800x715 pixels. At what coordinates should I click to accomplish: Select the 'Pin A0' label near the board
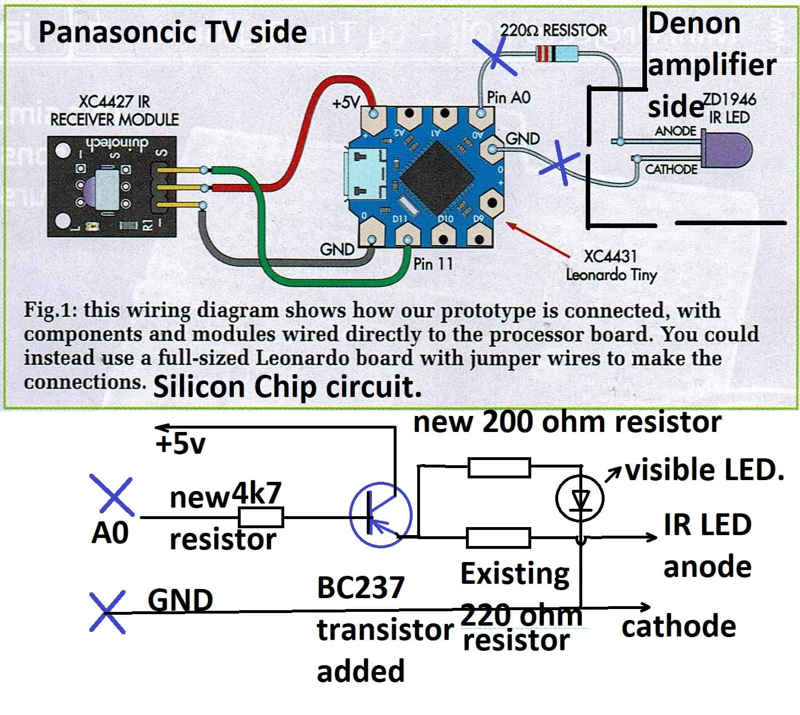pyautogui.click(x=508, y=97)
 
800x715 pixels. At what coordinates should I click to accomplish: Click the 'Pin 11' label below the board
pyautogui.click(x=433, y=264)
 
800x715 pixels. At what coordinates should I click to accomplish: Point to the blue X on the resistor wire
pyautogui.click(x=497, y=57)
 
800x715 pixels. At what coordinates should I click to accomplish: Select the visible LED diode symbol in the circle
pyautogui.click(x=580, y=499)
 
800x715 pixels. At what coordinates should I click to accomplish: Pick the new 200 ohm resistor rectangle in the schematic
pyautogui.click(x=499, y=467)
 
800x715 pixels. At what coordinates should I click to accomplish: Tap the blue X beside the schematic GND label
pyautogui.click(x=108, y=612)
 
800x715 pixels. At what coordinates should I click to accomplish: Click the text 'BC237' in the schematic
pyautogui.click(x=360, y=588)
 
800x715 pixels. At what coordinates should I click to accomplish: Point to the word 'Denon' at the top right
pyautogui.click(x=695, y=24)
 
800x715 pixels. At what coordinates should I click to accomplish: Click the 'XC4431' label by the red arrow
pyautogui.click(x=610, y=256)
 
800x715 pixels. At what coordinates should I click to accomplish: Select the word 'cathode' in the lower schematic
pyautogui.click(x=679, y=627)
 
